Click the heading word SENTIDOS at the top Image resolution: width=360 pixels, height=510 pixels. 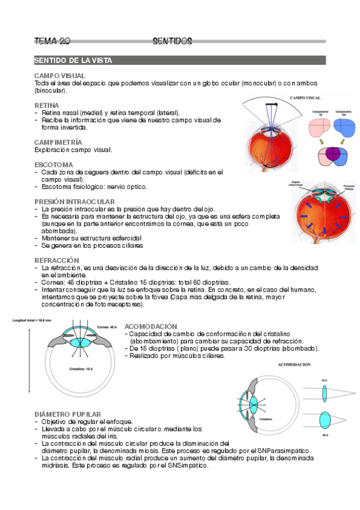(172, 41)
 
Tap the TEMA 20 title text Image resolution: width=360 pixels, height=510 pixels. (53, 41)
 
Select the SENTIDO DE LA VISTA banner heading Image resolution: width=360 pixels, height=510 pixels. (73, 61)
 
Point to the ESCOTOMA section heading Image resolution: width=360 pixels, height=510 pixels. (54, 164)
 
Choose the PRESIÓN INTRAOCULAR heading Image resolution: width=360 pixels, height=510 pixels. (75, 201)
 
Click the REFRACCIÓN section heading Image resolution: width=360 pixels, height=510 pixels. (58, 260)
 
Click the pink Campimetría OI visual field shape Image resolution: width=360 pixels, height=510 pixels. (320, 128)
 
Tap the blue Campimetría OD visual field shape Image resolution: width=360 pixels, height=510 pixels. (344, 128)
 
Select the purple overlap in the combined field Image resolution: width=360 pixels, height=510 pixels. (331, 156)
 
